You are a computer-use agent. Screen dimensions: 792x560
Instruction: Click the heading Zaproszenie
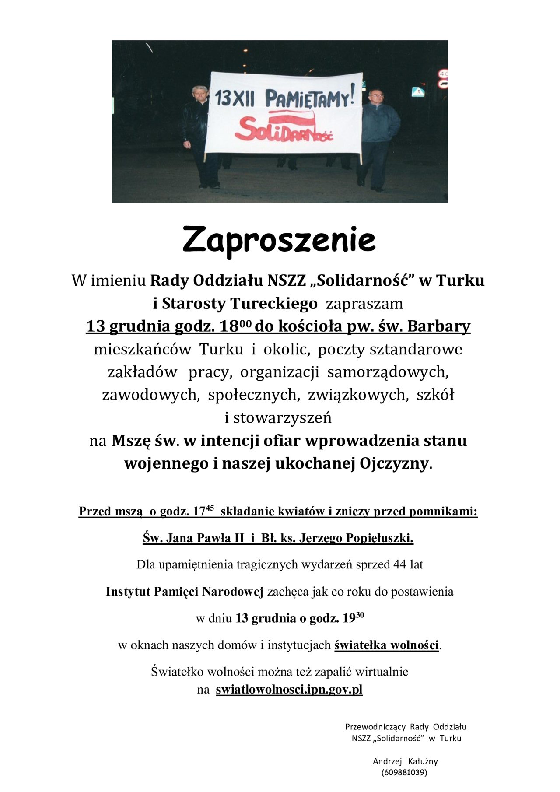click(279, 239)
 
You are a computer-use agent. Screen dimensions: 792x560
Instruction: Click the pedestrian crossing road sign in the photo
click(418, 92)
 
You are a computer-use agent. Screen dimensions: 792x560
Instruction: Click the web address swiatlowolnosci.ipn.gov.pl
click(289, 690)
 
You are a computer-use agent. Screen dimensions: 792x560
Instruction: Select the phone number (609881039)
click(404, 772)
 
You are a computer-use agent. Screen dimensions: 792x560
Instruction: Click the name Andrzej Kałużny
click(405, 761)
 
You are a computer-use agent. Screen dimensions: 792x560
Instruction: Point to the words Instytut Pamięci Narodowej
click(184, 592)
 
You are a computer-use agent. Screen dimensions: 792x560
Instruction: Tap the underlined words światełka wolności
click(386, 645)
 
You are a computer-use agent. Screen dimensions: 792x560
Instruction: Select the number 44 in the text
click(400, 564)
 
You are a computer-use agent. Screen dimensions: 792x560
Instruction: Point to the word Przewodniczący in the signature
click(375, 727)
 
